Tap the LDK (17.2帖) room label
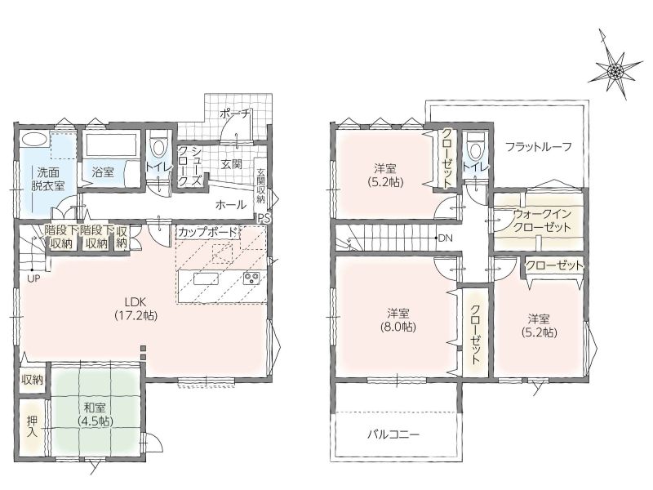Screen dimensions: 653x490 136,309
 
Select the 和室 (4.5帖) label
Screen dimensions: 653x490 96,413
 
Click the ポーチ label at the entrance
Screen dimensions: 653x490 234,113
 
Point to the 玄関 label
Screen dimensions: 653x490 232,163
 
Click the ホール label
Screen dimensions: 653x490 230,205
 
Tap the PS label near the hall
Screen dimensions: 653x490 264,219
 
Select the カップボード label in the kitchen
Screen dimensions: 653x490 207,232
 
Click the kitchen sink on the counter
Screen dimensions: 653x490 207,278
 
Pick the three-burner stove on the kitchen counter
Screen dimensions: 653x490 251,278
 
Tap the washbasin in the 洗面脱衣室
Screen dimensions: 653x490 34,139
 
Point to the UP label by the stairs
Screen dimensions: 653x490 34,279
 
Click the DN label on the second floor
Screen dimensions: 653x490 446,238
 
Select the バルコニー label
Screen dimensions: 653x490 393,434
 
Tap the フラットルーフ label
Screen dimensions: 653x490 539,147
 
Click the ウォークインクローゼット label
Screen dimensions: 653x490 542,220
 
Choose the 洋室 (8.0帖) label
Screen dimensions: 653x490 398,320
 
